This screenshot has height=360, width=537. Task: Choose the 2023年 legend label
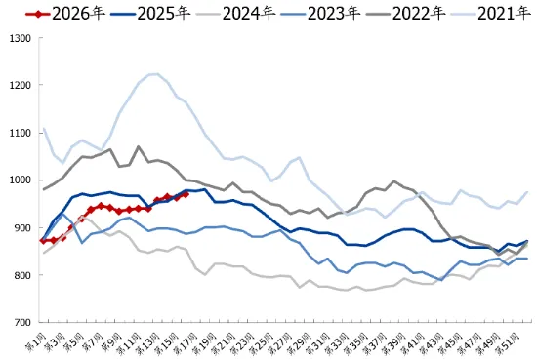(x=336, y=14)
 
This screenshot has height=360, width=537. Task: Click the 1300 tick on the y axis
(x=20, y=37)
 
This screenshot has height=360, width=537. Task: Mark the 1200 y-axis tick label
(x=20, y=85)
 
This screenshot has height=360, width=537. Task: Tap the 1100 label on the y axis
(x=20, y=133)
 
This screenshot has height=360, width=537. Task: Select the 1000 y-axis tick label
(x=20, y=180)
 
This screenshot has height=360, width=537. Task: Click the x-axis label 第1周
(x=37, y=340)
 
